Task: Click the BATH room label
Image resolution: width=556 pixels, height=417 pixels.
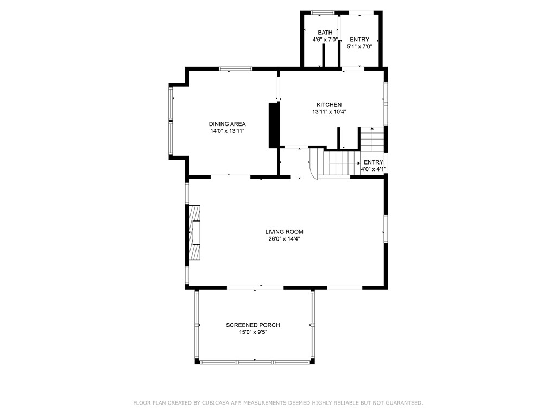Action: (x=325, y=33)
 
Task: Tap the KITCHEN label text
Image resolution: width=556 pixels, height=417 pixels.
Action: (x=329, y=105)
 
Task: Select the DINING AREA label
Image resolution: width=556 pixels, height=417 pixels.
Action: (x=227, y=124)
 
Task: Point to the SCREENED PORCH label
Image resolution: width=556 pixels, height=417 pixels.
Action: (x=253, y=325)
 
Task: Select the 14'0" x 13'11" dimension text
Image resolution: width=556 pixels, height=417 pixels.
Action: (x=227, y=131)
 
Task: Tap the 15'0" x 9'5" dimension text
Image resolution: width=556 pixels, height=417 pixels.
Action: (x=253, y=332)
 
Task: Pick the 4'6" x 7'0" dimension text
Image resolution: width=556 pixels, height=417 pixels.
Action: (x=325, y=40)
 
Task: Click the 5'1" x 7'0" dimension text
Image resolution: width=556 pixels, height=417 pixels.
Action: (x=359, y=47)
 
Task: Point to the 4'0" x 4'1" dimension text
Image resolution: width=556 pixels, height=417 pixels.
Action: (x=373, y=169)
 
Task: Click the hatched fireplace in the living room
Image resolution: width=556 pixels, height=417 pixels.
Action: (x=194, y=233)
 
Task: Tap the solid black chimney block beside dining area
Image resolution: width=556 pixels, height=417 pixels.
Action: (x=274, y=125)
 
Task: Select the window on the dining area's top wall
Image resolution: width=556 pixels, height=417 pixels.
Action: (x=235, y=68)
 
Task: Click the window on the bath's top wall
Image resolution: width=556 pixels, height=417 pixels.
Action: (x=323, y=12)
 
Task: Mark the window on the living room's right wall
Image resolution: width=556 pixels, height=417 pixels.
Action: (x=386, y=228)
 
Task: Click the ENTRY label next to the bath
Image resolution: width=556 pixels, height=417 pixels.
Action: (x=359, y=40)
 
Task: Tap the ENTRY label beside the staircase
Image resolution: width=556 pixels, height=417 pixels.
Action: (x=373, y=162)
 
